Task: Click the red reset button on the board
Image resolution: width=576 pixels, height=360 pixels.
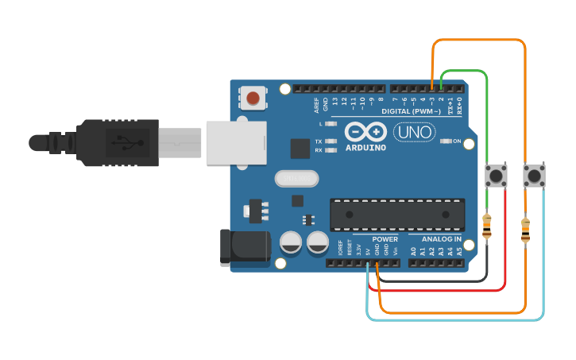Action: point(253,98)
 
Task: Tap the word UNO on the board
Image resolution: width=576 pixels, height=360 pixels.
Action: point(413,132)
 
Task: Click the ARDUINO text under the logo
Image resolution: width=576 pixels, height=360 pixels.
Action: point(365,147)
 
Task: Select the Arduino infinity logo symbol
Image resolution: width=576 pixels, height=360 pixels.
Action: point(365,132)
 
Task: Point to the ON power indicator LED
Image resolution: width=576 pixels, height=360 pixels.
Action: point(446,141)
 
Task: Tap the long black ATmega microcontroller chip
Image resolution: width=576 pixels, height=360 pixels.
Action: point(397,212)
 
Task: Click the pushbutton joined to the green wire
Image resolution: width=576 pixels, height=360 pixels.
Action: point(497,176)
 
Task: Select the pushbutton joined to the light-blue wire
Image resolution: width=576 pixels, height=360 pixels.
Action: point(534,176)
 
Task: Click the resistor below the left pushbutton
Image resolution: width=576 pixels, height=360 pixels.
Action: point(487,226)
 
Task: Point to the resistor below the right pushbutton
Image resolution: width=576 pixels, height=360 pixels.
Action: point(525,230)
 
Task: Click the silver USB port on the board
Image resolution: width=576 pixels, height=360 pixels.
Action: point(234,142)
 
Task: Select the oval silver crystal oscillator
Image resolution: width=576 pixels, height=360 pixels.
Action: point(296,178)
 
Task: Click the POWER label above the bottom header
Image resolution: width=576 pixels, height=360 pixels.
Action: point(385,239)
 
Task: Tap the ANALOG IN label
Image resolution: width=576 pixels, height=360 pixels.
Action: point(442,239)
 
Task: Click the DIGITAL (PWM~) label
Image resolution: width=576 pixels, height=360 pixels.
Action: point(412,111)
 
